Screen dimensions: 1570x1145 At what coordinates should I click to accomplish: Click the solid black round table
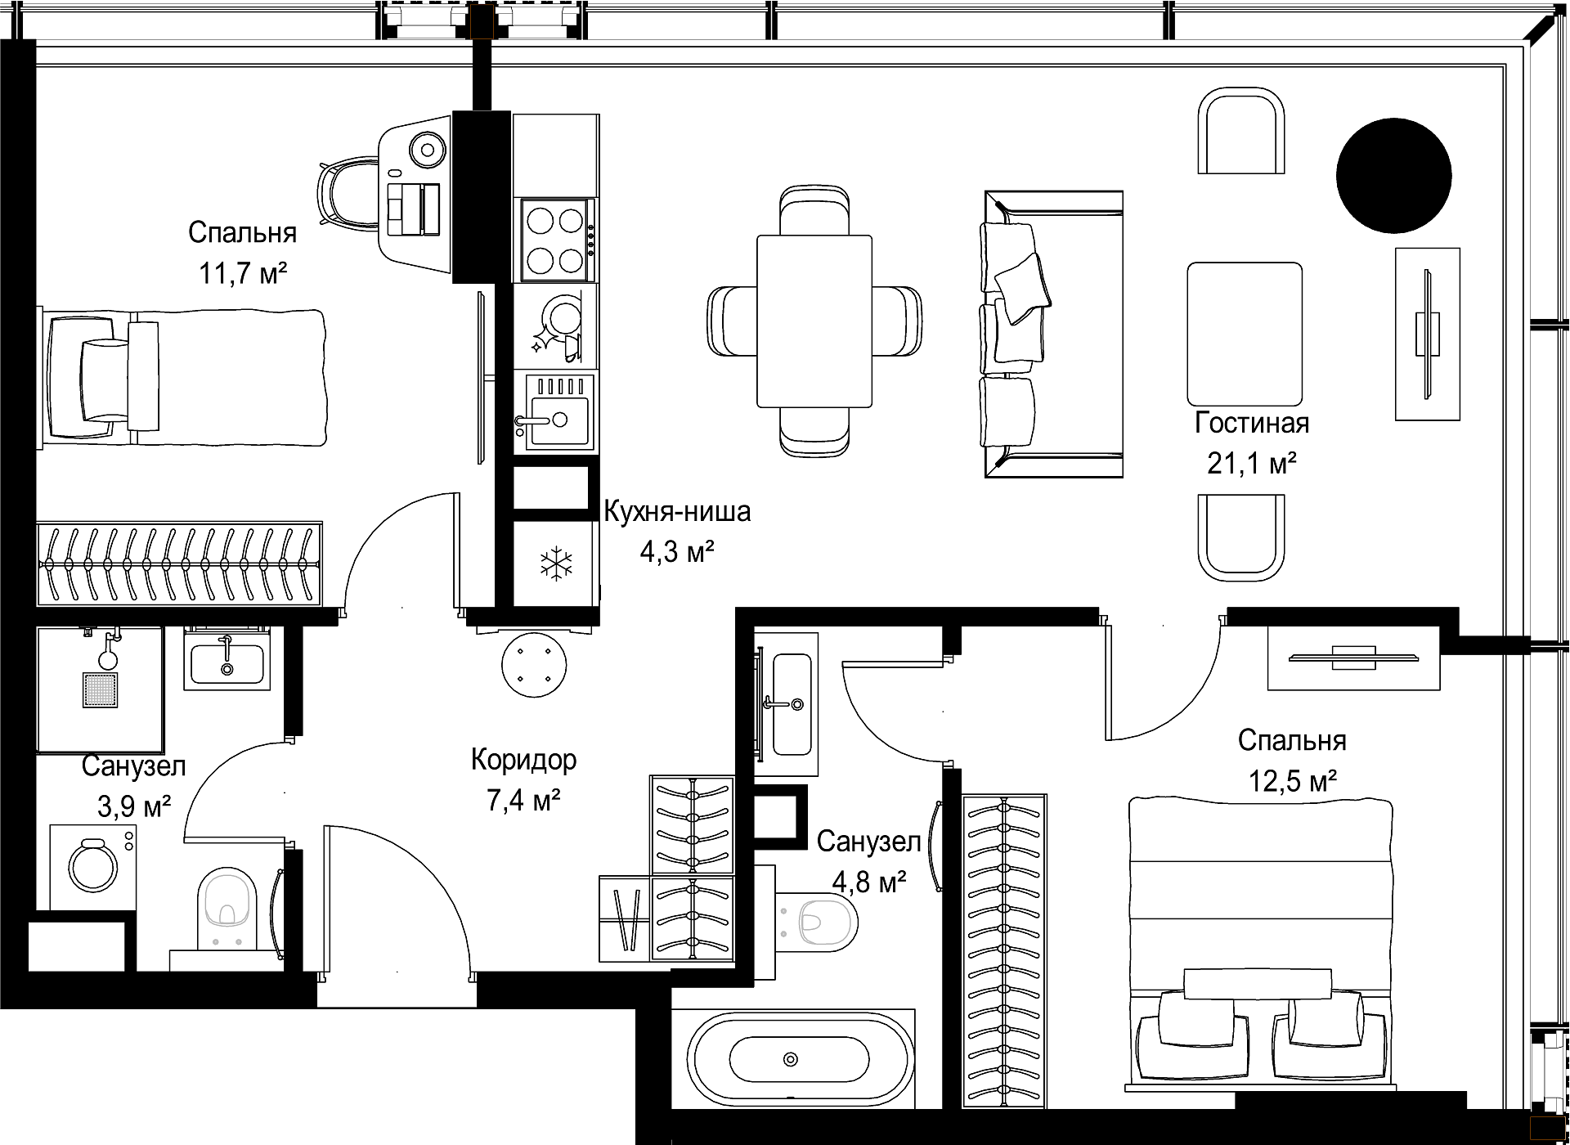pyautogui.click(x=1393, y=175)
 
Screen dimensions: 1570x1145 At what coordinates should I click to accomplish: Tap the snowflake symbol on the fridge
pyautogui.click(x=555, y=564)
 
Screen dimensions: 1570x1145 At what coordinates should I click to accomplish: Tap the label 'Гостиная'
pyautogui.click(x=1252, y=424)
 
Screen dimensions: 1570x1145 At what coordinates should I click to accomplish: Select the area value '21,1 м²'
pyautogui.click(x=1251, y=464)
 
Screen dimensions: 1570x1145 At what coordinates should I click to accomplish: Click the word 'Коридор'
pyautogui.click(x=523, y=761)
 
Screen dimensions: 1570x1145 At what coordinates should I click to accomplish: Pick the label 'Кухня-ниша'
pyautogui.click(x=677, y=513)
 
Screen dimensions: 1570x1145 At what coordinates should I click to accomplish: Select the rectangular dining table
pyautogui.click(x=814, y=321)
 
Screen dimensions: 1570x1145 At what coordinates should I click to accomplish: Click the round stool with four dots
pyautogui.click(x=534, y=664)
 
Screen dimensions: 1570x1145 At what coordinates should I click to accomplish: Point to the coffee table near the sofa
pyautogui.click(x=1244, y=334)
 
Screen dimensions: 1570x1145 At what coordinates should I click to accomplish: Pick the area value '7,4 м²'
pyautogui.click(x=523, y=801)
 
